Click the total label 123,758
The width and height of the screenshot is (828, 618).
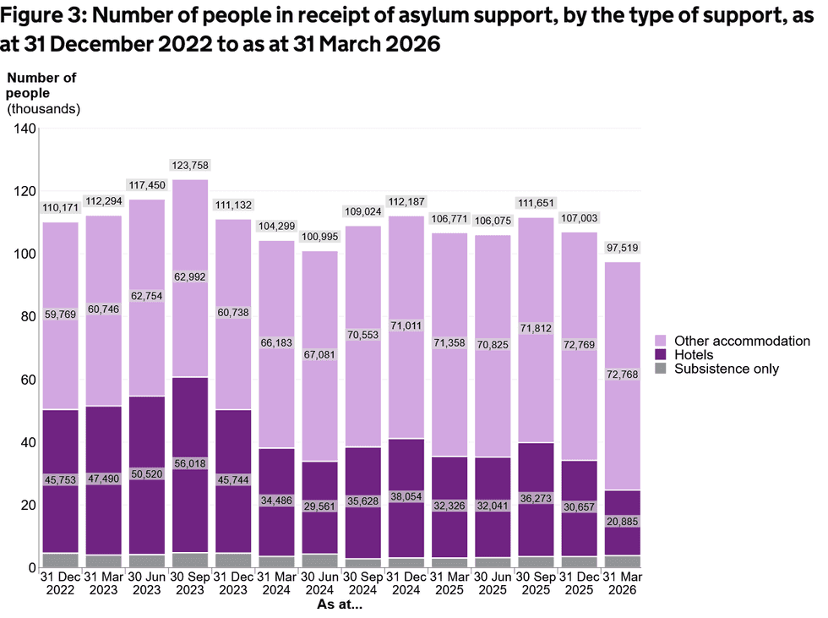pyautogui.click(x=190, y=166)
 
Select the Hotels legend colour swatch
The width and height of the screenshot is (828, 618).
pyautogui.click(x=660, y=355)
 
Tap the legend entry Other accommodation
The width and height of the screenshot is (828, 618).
pyautogui.click(x=742, y=342)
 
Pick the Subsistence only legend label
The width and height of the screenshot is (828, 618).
pyautogui.click(x=727, y=369)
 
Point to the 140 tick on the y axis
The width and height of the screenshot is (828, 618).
pyautogui.click(x=25, y=129)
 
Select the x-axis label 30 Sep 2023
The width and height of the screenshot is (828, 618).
pyautogui.click(x=190, y=583)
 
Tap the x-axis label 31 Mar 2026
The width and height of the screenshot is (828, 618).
pyautogui.click(x=623, y=583)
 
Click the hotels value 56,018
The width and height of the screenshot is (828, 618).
pyautogui.click(x=190, y=463)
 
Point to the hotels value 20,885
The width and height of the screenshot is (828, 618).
pyautogui.click(x=623, y=522)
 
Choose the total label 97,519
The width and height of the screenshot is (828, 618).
pyautogui.click(x=623, y=248)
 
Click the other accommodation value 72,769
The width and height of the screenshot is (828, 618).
pyautogui.click(x=580, y=344)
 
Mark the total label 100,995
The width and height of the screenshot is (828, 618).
pyautogui.click(x=320, y=237)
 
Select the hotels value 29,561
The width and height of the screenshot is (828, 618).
pyautogui.click(x=319, y=506)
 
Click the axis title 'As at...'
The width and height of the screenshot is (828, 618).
pyautogui.click(x=340, y=604)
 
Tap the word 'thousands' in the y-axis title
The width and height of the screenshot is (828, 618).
pyautogui.click(x=43, y=109)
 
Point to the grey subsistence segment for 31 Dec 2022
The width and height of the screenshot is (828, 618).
pyautogui.click(x=60, y=561)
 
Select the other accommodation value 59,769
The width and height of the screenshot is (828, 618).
pyautogui.click(x=60, y=314)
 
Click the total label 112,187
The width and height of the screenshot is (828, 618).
pyautogui.click(x=406, y=202)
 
